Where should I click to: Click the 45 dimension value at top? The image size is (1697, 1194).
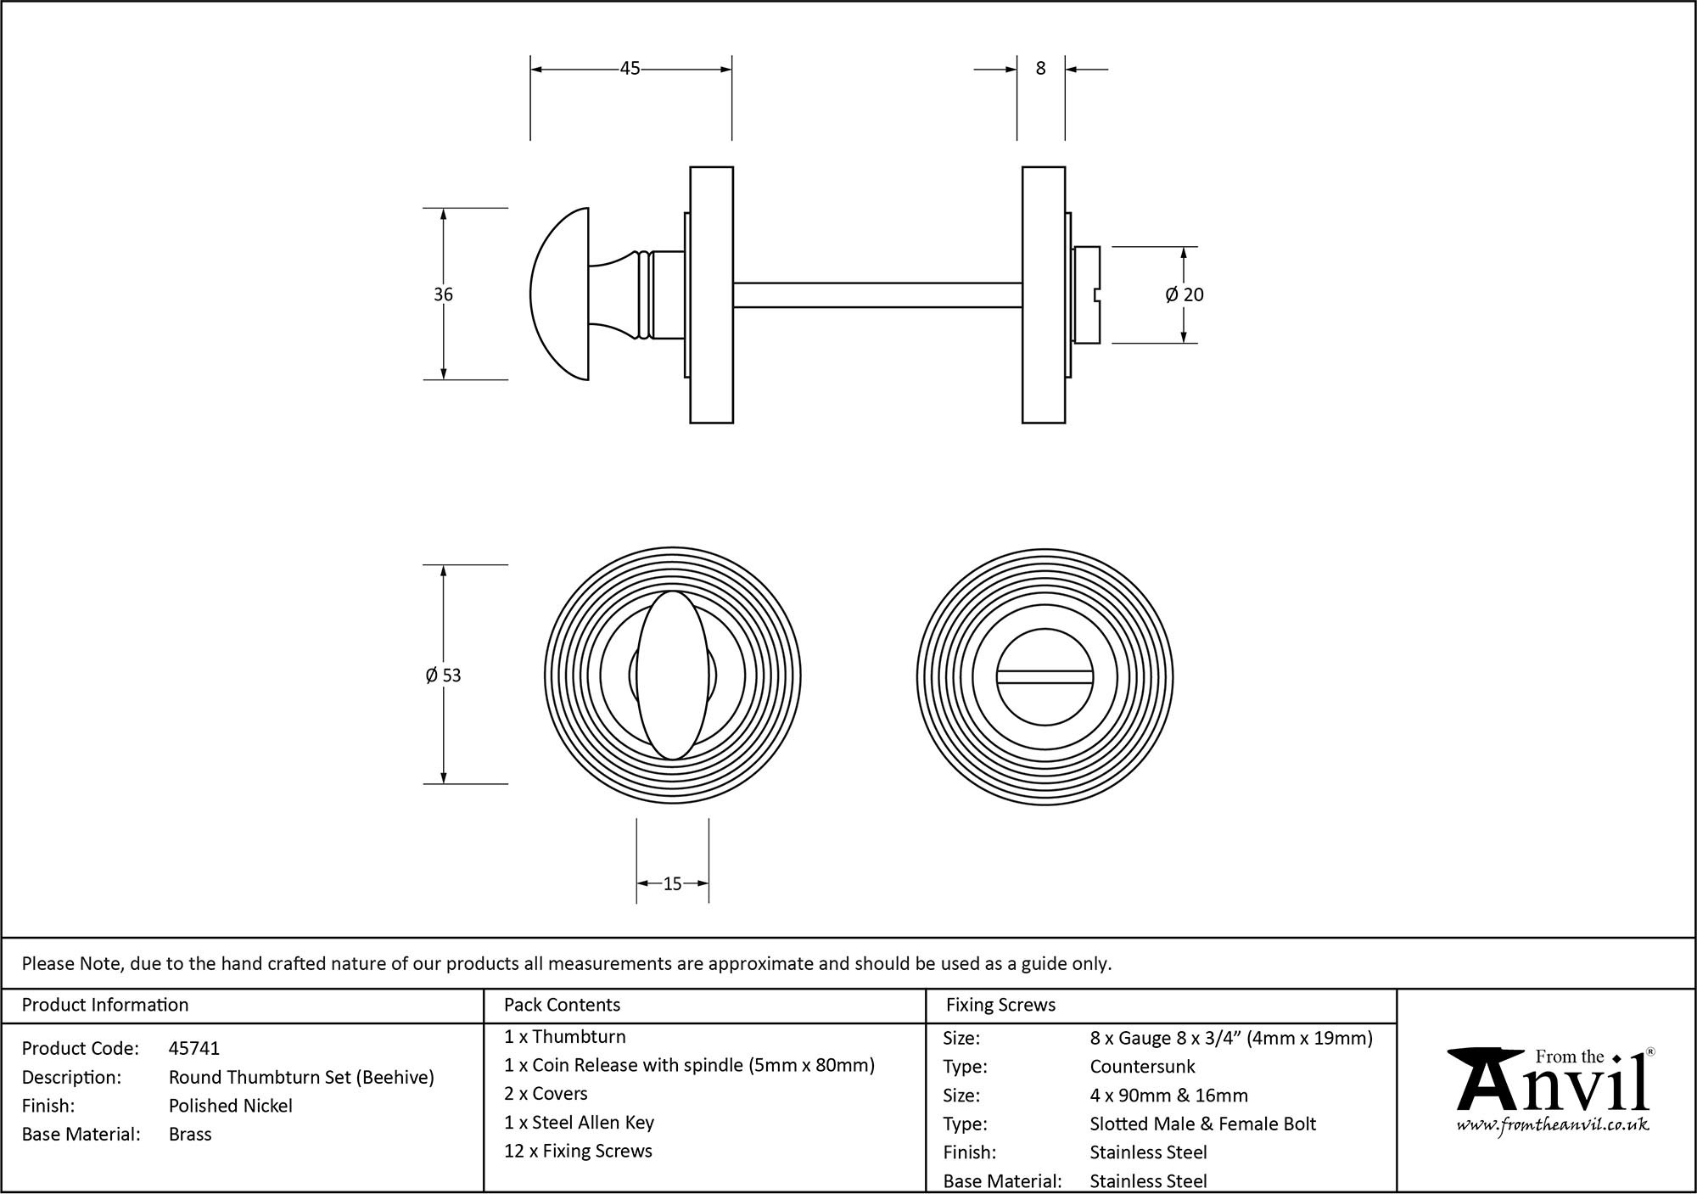[x=630, y=69]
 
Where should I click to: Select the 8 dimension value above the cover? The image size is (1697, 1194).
[x=1041, y=69]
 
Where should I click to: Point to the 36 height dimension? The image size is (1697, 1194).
[x=443, y=294]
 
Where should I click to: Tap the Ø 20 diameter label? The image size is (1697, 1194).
[x=1185, y=294]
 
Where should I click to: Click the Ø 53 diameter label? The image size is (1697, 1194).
[x=443, y=675]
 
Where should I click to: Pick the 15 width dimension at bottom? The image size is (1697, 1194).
[x=672, y=884]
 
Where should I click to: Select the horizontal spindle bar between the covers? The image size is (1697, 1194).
[x=877, y=294]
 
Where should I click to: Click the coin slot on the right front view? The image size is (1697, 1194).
[x=1045, y=676]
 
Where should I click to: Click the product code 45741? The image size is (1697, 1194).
[x=194, y=1049]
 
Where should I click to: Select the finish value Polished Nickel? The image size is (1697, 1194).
[x=231, y=1106]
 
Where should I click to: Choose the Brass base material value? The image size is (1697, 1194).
[x=190, y=1135]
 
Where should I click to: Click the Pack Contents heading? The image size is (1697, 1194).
[x=562, y=1005]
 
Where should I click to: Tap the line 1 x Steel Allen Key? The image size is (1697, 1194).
[x=579, y=1123]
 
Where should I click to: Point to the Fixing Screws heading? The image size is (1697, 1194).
[x=1000, y=1005]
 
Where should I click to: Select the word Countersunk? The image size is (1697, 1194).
[x=1142, y=1067]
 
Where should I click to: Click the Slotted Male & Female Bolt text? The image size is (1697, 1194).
[x=1202, y=1124]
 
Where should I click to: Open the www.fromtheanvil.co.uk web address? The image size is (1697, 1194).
[x=1553, y=1125]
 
